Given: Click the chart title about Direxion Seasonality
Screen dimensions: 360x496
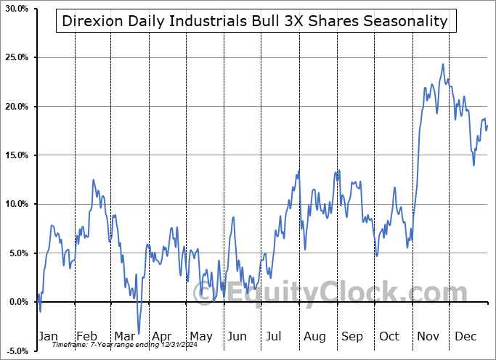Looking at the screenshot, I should pyautogui.click(x=256, y=21).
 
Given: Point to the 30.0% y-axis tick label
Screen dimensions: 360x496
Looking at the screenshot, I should pyautogui.click(x=15, y=9).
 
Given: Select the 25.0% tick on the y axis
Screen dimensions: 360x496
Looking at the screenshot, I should pyautogui.click(x=15, y=57).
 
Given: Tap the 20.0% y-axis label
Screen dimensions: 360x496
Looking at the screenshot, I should pyautogui.click(x=15, y=107).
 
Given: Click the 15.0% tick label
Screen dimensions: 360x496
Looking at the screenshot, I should pyautogui.click(x=15, y=155).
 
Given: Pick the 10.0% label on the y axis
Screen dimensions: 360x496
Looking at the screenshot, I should pyautogui.click(x=15, y=204).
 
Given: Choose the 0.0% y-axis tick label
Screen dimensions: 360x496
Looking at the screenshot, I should pyautogui.click(x=17, y=302).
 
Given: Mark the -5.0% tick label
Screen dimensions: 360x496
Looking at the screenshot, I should pyautogui.click(x=15, y=351).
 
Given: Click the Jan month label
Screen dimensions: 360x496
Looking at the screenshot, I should pyautogui.click(x=47, y=337).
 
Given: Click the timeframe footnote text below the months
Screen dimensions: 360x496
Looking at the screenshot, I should pyautogui.click(x=115, y=345).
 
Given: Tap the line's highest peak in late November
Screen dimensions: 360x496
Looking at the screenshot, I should pyautogui.click(x=443, y=64).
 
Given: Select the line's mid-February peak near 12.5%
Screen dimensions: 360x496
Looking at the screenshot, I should pyautogui.click(x=93, y=179).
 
